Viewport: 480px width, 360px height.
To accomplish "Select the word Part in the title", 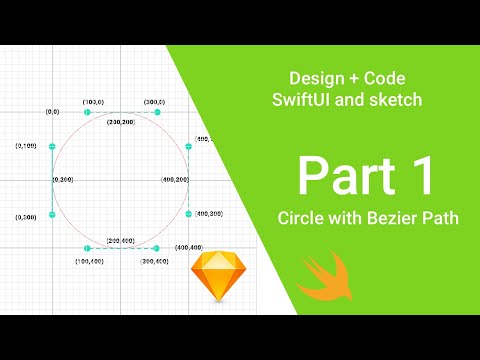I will coord(342,176).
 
